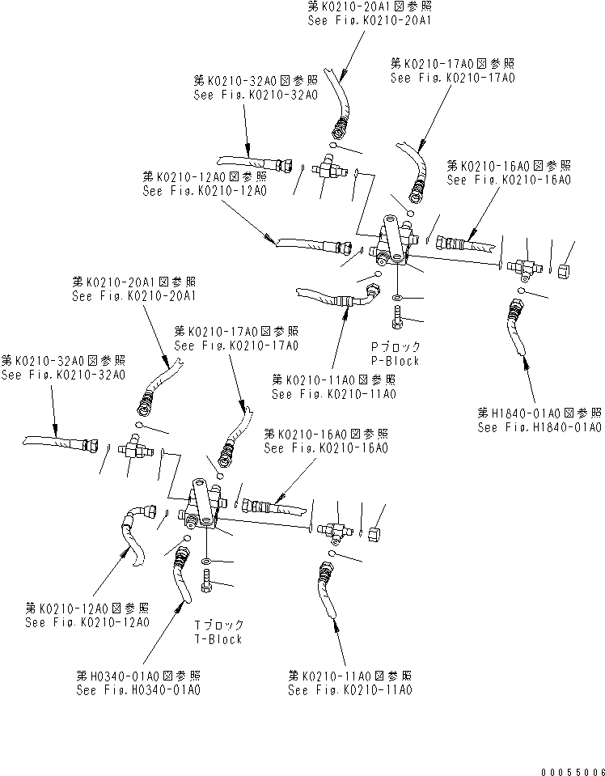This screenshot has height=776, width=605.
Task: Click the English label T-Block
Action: click(218, 639)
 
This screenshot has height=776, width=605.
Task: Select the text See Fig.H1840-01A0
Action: click(539, 427)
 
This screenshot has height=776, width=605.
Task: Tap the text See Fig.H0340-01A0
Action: click(138, 690)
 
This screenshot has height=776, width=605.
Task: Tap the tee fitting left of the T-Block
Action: click(132, 447)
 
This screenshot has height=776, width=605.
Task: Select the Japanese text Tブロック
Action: click(218, 625)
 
